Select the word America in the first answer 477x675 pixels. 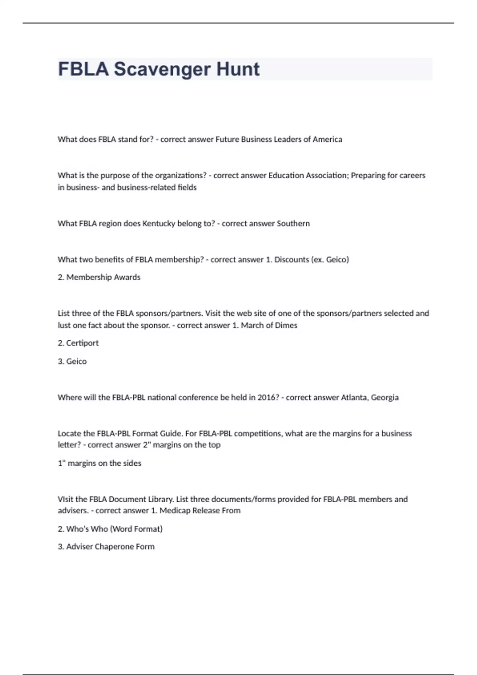tap(327, 139)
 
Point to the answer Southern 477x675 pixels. tap(293, 224)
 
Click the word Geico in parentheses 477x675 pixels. tap(337, 260)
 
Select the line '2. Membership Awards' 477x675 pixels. tap(99, 277)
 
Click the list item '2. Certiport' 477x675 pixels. tap(78, 343)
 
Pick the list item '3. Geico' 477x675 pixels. tap(72, 361)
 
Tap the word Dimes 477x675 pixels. tap(286, 325)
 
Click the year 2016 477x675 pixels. tap(268, 397)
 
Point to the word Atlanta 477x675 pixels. tap(354, 397)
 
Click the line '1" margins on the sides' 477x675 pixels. tap(99, 463)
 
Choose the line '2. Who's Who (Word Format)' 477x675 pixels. tap(110, 529)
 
